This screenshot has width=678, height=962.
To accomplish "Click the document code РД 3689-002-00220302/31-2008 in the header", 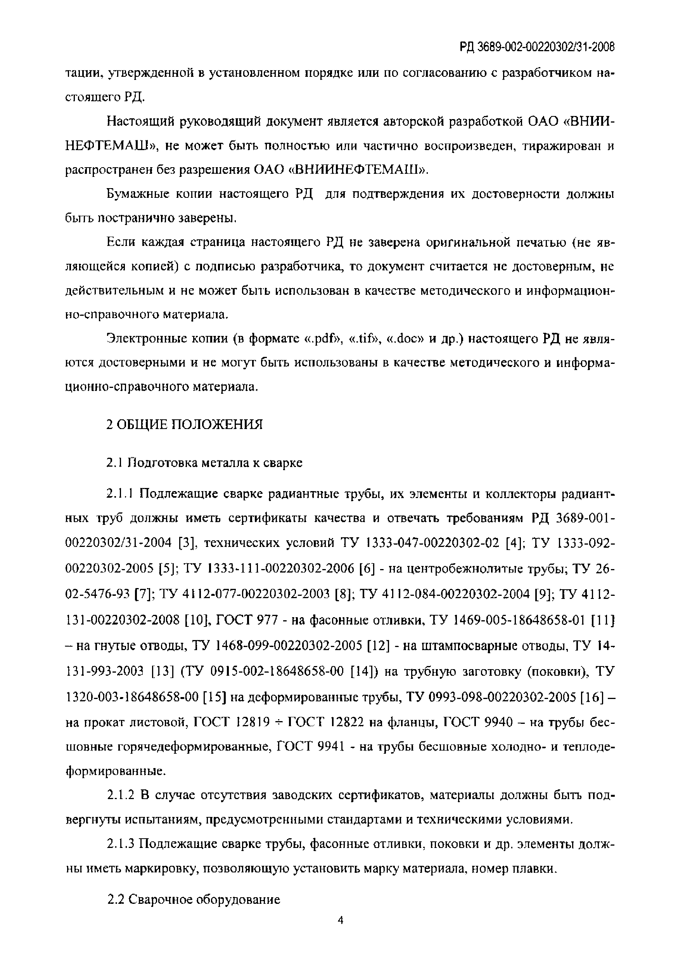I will [x=537, y=48].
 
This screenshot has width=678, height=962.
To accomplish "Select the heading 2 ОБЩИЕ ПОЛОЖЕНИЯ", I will [x=184, y=424].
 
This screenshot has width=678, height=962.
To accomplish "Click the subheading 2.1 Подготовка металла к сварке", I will [x=204, y=462].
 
